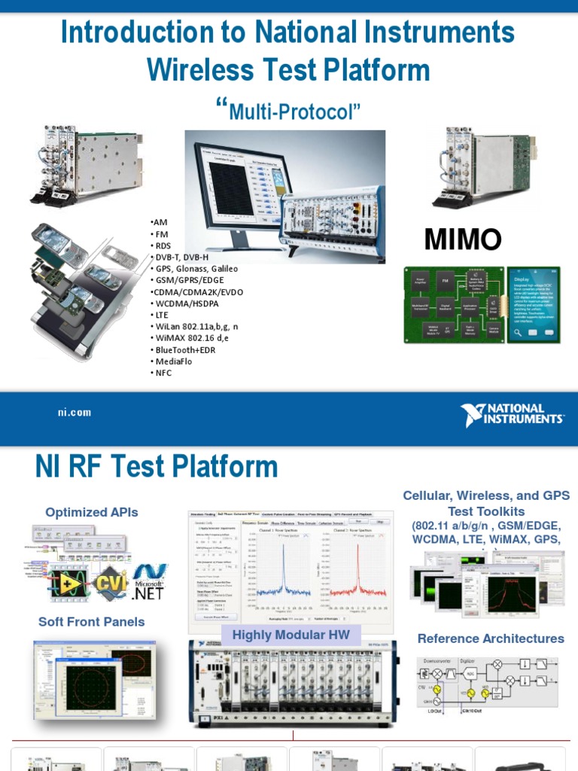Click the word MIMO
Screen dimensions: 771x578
(463, 239)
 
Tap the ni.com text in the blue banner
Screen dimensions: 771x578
(75, 412)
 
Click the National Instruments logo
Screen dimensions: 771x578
(512, 415)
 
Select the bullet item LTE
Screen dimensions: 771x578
(161, 315)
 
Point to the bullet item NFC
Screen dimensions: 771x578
(163, 373)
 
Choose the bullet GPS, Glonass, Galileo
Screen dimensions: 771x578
(196, 269)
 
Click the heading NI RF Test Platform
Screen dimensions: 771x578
(157, 468)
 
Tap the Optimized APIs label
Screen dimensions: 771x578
(92, 512)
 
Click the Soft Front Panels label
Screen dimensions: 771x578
(92, 621)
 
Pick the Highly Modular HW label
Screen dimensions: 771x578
(291, 635)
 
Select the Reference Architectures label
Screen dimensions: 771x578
(491, 638)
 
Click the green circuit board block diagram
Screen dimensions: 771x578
(453, 304)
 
